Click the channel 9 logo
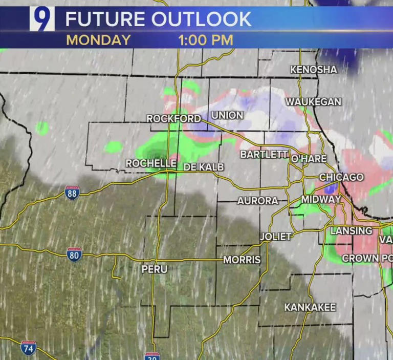pos(42,19)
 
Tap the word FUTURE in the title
pos(104,19)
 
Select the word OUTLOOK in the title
pos(202,19)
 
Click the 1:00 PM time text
pos(206,40)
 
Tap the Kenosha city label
pos(314,69)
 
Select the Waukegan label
pos(313,102)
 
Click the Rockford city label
pos(173,119)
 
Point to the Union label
pos(227,115)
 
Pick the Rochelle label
pos(151,163)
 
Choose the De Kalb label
pos(204,167)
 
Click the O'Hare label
pos(309,159)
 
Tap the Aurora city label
pos(257,201)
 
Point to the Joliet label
pos(276,237)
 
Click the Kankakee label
pos(310,307)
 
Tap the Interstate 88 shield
pos(72,193)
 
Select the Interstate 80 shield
pos(74,255)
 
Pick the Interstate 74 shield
pos(29,348)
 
